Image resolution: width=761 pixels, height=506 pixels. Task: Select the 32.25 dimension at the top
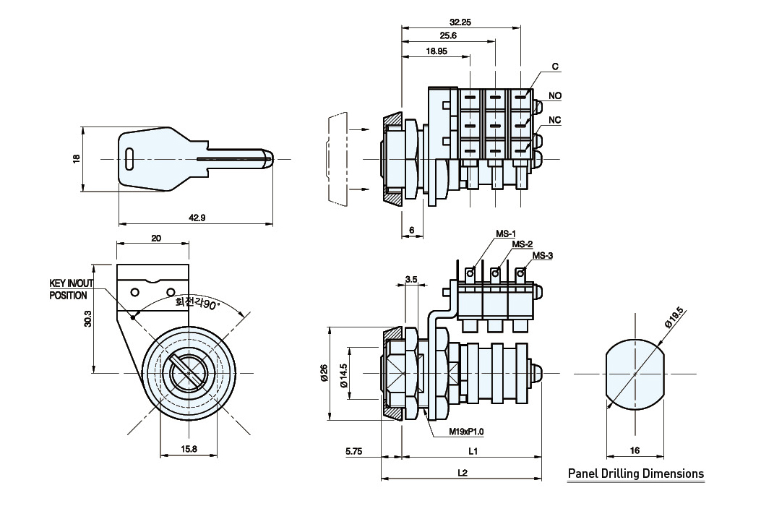tap(460, 22)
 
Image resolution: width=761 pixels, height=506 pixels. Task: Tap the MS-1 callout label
tap(504, 233)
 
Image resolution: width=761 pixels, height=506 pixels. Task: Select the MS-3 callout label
tap(543, 255)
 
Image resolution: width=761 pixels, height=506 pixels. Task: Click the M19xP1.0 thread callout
tap(465, 432)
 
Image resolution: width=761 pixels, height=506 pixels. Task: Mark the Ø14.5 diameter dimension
tap(344, 374)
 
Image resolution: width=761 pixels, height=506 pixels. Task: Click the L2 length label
tap(463, 473)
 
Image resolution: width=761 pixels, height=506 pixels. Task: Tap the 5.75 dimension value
tap(354, 451)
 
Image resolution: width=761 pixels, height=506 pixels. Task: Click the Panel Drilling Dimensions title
tap(636, 474)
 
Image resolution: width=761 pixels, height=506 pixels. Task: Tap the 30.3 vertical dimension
tap(87, 318)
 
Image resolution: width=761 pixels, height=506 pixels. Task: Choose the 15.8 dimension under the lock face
tap(188, 450)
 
